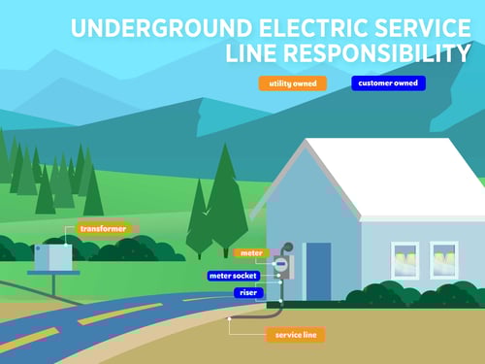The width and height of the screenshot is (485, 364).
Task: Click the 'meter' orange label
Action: [249, 253]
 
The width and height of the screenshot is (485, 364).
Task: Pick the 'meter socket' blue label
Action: [234, 276]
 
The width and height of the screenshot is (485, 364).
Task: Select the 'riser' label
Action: [245, 292]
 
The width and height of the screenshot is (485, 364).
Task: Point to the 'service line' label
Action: [295, 335]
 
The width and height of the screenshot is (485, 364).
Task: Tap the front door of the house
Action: [318, 272]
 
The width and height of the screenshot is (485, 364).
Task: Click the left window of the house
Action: [404, 260]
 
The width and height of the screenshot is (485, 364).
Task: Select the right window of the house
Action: [444, 260]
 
